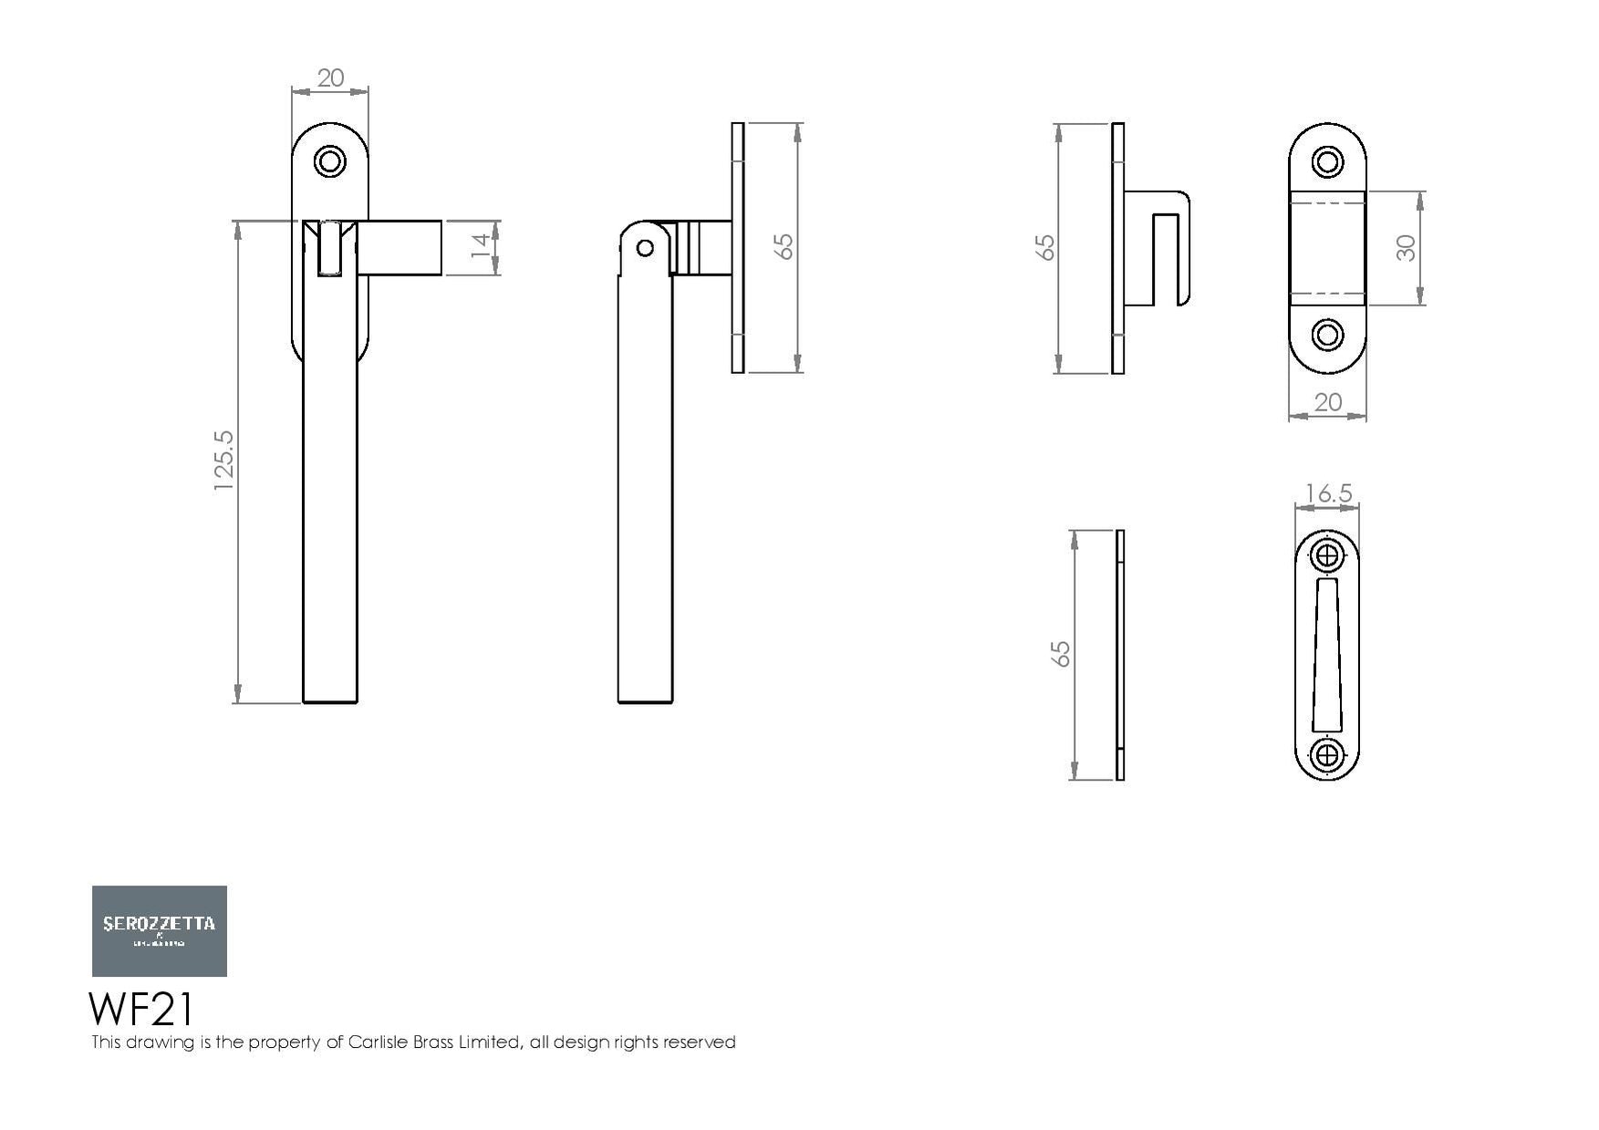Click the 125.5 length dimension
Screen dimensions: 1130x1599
point(224,461)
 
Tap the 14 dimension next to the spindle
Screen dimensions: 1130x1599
point(481,247)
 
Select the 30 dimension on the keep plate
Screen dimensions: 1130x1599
point(1406,248)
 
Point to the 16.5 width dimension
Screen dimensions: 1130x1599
point(1328,494)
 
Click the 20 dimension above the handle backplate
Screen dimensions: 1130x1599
point(330,78)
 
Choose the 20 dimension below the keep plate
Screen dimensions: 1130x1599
point(1328,402)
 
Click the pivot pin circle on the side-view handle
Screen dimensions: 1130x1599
point(645,248)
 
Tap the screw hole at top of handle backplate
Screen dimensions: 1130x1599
point(330,162)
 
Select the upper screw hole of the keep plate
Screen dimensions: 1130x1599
point(1327,163)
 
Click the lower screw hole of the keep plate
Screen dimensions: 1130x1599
point(1327,335)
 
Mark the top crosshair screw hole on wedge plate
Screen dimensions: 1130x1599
point(1327,555)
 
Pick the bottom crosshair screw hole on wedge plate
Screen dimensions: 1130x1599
point(1327,755)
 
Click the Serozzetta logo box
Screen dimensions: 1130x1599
point(160,930)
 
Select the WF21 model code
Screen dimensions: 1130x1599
point(141,1010)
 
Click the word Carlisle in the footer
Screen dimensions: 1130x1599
point(378,1042)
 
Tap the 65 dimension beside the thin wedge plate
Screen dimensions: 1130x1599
point(1060,654)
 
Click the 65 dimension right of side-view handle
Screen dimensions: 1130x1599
point(784,247)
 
